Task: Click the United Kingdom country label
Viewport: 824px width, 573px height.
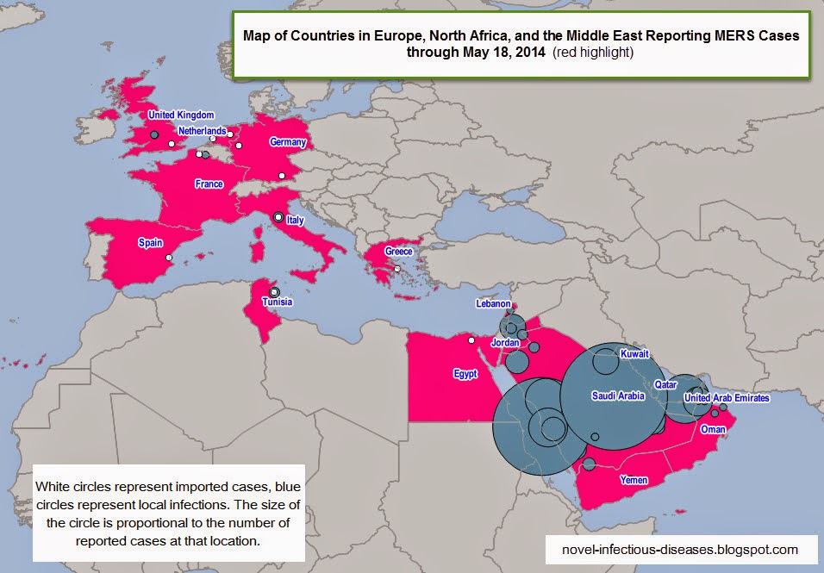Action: click(x=181, y=115)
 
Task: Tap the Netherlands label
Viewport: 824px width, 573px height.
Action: click(x=202, y=131)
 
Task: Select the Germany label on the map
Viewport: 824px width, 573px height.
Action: click(x=288, y=142)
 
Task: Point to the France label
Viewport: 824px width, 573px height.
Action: click(x=209, y=184)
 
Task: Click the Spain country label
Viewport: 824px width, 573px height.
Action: click(x=150, y=243)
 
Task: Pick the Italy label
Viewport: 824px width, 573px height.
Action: click(x=295, y=221)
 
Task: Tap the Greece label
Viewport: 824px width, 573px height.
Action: click(x=398, y=252)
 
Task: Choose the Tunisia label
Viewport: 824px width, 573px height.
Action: click(x=278, y=302)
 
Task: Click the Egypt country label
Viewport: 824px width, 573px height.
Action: click(x=465, y=374)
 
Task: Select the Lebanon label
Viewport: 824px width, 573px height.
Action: click(x=494, y=304)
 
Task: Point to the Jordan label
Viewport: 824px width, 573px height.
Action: click(x=506, y=342)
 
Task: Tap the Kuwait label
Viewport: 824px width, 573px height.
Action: click(x=634, y=354)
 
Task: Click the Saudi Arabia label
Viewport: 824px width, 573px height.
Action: click(x=617, y=395)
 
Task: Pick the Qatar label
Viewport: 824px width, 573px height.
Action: click(x=665, y=384)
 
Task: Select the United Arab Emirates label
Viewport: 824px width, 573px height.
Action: click(x=727, y=398)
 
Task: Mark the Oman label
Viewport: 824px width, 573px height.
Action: click(x=713, y=429)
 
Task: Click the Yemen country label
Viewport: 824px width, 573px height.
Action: click(x=633, y=479)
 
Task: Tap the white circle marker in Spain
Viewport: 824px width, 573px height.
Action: click(x=169, y=258)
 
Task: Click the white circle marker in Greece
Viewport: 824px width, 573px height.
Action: click(x=397, y=269)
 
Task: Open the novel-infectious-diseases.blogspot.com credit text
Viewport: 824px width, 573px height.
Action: click(x=678, y=549)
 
